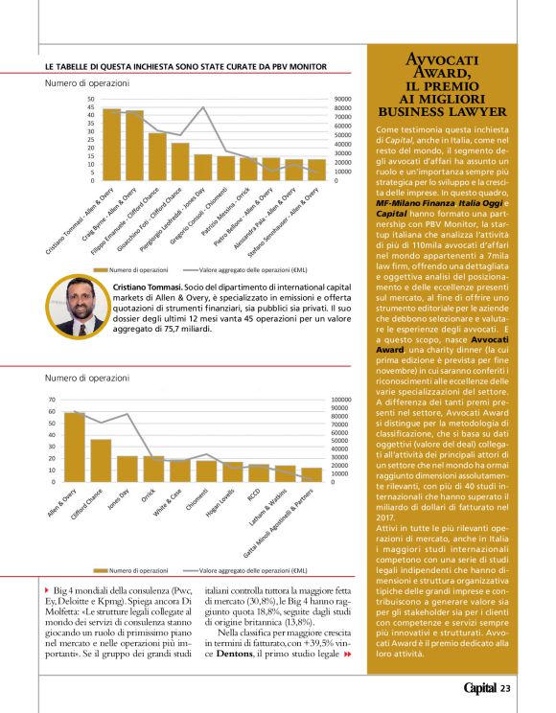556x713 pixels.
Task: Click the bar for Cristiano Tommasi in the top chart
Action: coord(111,145)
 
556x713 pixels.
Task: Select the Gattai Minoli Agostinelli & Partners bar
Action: coord(311,475)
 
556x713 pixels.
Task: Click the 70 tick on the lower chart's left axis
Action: coord(52,401)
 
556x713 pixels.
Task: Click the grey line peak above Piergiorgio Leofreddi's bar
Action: coord(203,108)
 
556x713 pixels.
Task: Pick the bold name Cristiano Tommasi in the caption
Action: coord(144,287)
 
